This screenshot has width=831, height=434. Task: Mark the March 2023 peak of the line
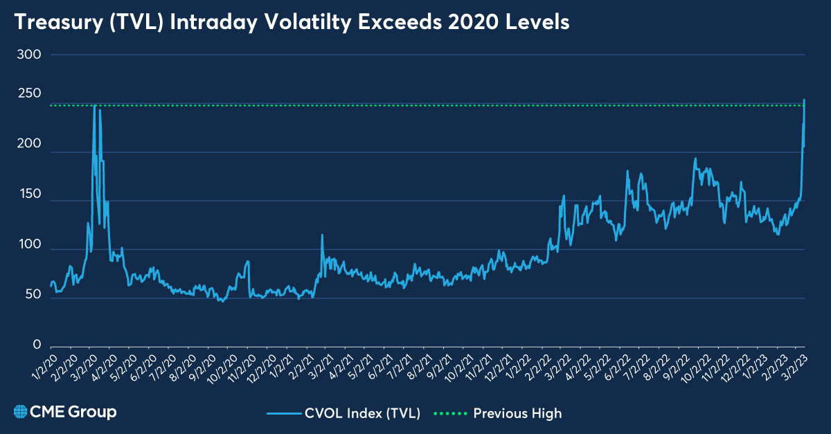[x=804, y=100]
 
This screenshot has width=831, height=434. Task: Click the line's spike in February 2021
[x=322, y=235]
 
